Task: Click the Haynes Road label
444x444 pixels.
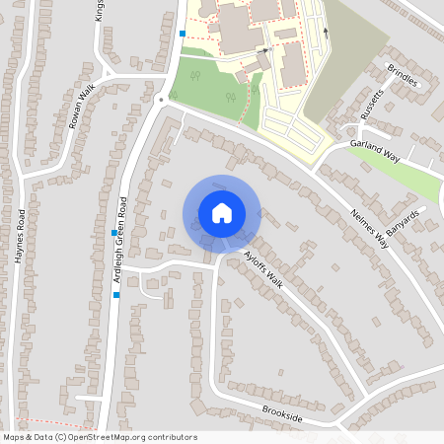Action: [x=19, y=234]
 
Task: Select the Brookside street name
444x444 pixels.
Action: [x=282, y=413]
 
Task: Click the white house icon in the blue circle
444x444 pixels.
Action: [x=221, y=212]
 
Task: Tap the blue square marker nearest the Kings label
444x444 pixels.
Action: [x=182, y=34]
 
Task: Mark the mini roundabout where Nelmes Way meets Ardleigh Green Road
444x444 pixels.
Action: [x=160, y=99]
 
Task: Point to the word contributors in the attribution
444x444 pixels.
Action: [x=170, y=437]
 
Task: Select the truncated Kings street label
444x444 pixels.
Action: [x=100, y=11]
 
